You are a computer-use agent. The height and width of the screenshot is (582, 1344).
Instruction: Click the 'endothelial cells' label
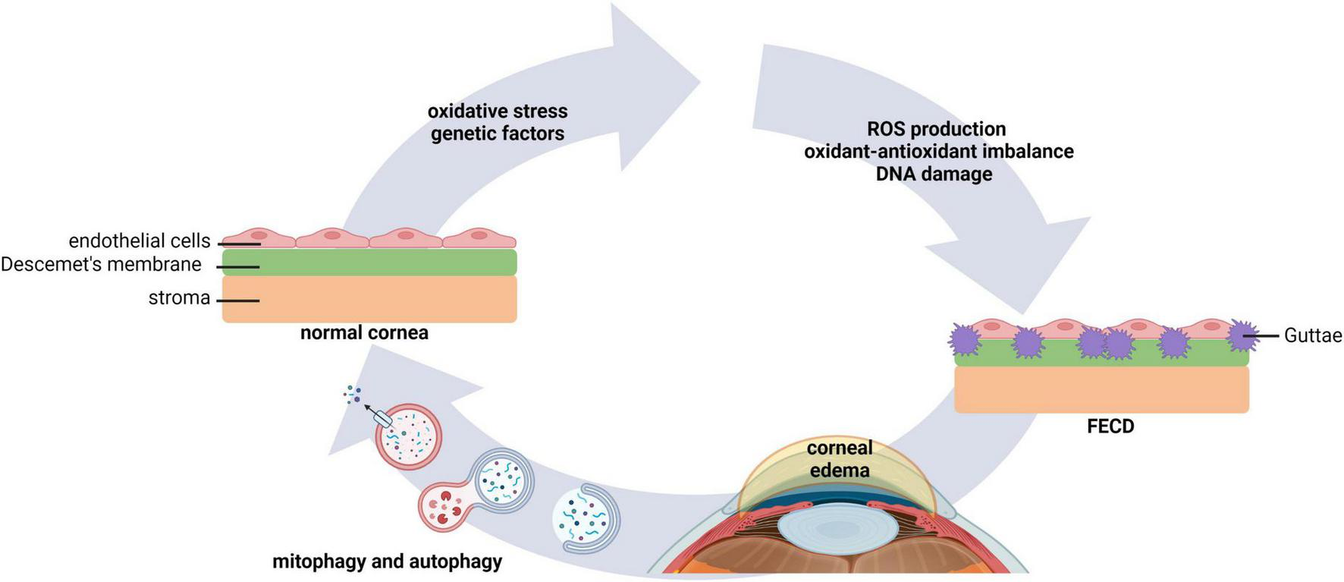click(x=140, y=241)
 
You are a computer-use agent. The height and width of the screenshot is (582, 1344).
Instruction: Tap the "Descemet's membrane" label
click(x=101, y=265)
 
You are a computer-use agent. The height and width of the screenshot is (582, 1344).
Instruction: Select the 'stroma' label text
click(x=179, y=297)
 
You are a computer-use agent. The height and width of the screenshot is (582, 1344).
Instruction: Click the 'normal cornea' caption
click(x=364, y=333)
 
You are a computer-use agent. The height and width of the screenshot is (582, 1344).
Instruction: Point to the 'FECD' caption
click(x=1110, y=426)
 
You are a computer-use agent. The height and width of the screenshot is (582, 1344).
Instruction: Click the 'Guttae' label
click(x=1312, y=335)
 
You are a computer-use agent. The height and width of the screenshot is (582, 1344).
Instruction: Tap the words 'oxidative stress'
click(x=498, y=112)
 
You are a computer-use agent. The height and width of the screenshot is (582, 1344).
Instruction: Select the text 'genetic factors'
click(x=498, y=134)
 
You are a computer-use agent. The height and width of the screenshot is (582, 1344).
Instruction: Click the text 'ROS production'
click(x=936, y=129)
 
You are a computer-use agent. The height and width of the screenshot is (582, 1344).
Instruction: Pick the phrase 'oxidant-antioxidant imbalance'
click(x=938, y=151)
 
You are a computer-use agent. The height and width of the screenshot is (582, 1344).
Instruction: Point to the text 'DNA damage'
click(x=934, y=174)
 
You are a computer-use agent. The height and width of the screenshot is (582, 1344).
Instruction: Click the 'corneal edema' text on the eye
click(x=839, y=458)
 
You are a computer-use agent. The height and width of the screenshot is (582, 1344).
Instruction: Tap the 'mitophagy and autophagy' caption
click(x=387, y=562)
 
